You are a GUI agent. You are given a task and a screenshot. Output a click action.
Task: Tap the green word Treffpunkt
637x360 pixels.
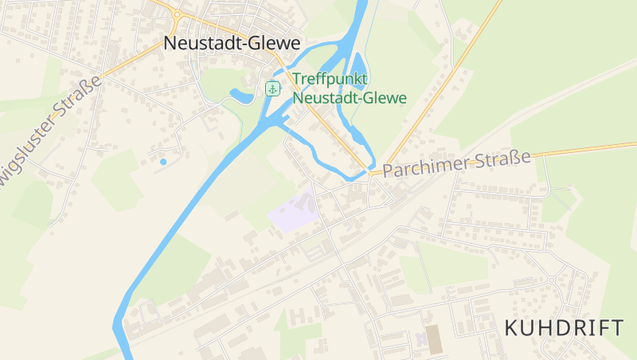[330, 80]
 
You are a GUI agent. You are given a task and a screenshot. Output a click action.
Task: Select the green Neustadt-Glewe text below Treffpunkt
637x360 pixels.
[350, 98]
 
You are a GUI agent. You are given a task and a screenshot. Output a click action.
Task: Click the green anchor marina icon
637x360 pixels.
[272, 88]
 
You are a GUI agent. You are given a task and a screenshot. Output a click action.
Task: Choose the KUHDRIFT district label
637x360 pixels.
[565, 327]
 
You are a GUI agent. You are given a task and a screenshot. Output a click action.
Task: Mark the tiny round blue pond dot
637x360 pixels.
[163, 162]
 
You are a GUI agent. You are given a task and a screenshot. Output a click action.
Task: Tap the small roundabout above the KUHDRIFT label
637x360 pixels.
[551, 279]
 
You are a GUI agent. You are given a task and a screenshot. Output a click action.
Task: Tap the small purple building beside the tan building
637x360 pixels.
[420, 340]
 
